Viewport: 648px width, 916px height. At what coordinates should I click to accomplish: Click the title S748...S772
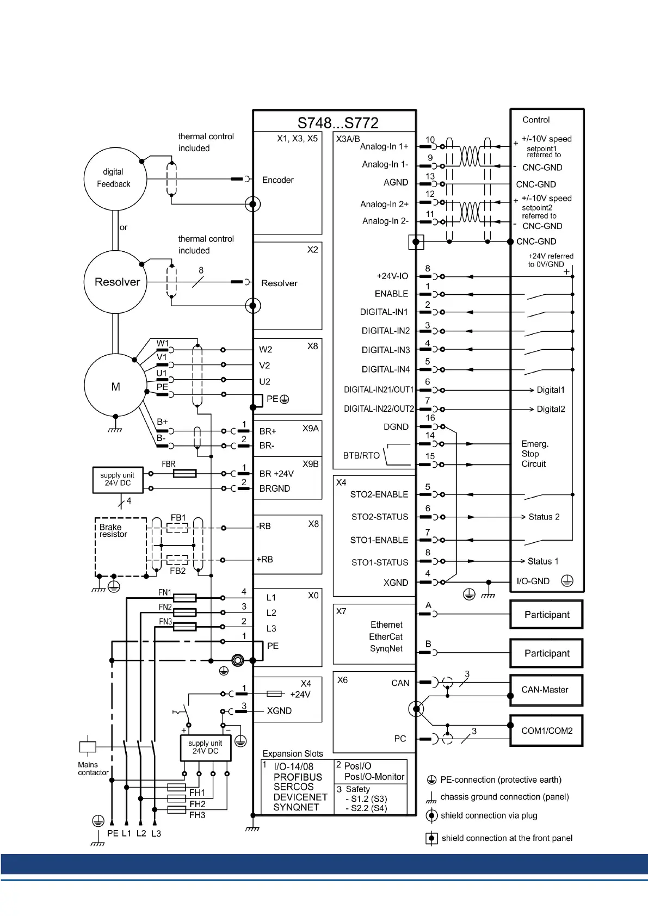coord(337,122)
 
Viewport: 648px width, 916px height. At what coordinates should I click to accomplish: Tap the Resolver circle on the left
coord(116,282)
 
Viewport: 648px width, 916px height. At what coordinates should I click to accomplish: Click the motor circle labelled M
coord(115,386)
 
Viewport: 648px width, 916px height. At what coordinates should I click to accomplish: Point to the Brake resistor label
coord(113,531)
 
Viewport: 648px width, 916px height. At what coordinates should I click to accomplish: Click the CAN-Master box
coord(546,690)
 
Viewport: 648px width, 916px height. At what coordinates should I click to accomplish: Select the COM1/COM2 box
coord(546,731)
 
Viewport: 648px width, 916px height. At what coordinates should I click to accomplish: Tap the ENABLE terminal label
coord(391,294)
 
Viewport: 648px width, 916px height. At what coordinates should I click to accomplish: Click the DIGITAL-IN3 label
coord(386,350)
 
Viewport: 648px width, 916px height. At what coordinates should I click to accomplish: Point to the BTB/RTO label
coord(361,455)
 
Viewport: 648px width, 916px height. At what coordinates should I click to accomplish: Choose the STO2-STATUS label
coord(379,517)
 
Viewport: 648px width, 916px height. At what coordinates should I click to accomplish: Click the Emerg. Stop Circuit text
coord(534,454)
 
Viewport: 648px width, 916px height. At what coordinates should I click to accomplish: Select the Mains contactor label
coord(93,769)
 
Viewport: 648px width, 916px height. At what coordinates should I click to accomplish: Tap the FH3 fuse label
coord(197,815)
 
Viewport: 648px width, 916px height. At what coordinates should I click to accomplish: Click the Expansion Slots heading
coord(293,753)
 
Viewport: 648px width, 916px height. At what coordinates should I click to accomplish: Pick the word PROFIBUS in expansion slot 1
coord(298,777)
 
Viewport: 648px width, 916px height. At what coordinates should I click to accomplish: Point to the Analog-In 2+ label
coord(384,204)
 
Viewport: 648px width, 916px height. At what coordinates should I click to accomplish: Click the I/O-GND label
coord(533,581)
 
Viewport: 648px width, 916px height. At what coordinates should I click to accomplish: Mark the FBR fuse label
coord(169,464)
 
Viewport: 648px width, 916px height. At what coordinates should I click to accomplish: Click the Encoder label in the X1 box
coord(277,180)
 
